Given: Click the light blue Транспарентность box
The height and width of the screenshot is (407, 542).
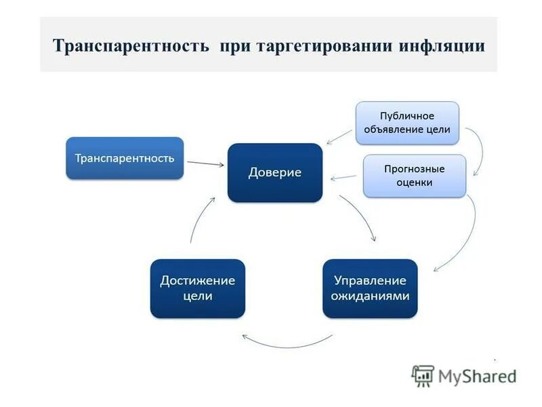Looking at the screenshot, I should (125, 158).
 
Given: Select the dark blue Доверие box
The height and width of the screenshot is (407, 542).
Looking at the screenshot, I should (274, 172).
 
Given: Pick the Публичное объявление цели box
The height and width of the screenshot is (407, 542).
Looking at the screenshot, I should (407, 123).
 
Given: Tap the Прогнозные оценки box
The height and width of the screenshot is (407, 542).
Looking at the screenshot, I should (415, 176).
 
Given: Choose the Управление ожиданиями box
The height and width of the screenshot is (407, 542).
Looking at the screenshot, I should (370, 288).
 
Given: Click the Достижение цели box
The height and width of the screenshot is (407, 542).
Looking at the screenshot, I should (197, 288).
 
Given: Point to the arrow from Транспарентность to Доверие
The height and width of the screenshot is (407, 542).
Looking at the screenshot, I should (205, 163).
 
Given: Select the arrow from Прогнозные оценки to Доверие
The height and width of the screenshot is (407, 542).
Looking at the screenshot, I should (343, 178).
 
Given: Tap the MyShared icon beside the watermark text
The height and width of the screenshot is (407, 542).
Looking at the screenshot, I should (423, 376).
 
